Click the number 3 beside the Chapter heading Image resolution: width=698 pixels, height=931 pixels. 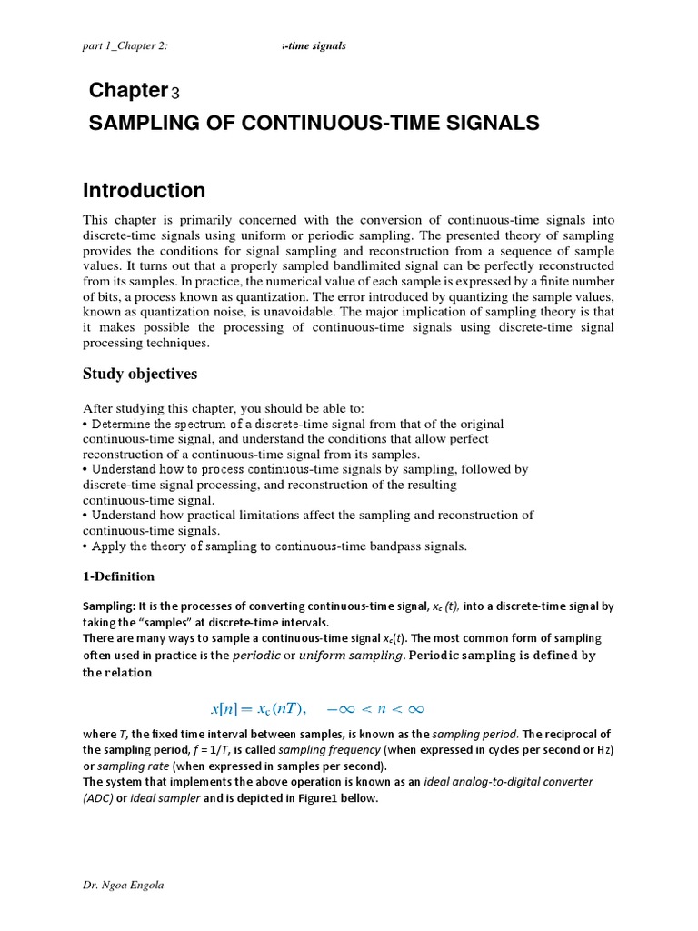[x=175, y=92]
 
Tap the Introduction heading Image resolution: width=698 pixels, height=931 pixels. [x=145, y=191]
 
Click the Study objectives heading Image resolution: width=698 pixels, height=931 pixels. [x=140, y=374]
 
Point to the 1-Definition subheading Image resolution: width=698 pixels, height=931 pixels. [x=118, y=576]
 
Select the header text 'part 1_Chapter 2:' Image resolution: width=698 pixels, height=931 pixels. [x=125, y=45]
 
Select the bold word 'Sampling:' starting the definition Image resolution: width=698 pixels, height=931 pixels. [x=108, y=606]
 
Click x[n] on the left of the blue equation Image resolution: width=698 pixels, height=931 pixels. [x=224, y=708]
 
